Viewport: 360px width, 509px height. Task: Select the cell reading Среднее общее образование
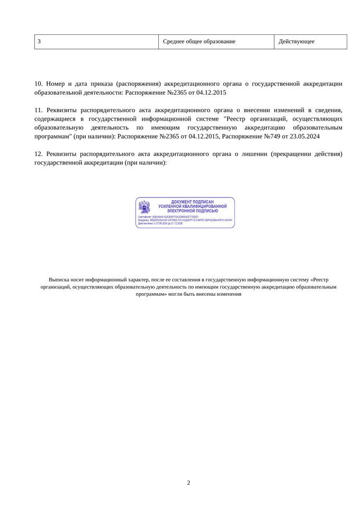click(199, 42)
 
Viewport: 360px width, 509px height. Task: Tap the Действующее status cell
click(296, 42)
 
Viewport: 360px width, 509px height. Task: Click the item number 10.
click(38, 84)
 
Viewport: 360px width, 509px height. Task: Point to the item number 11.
click(38, 110)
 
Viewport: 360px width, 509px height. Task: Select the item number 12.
click(38, 154)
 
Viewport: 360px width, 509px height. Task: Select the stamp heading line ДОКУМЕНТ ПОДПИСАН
click(192, 202)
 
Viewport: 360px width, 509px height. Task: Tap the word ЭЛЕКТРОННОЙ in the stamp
click(178, 211)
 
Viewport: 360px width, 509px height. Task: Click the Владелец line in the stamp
click(184, 220)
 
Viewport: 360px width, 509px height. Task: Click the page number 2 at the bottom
click(188, 483)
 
